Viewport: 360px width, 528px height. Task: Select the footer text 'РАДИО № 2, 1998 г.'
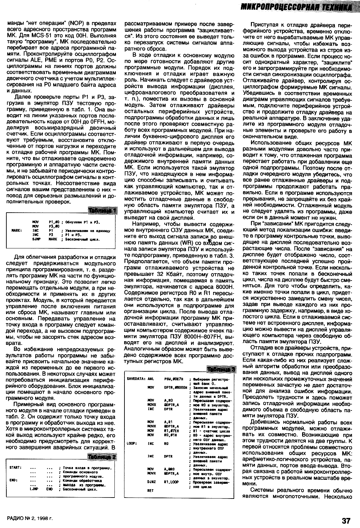click(30, 519)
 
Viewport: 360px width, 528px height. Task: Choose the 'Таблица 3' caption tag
click(222, 368)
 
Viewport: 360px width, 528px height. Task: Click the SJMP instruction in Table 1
click(36, 239)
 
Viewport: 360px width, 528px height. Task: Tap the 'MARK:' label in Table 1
click(17, 231)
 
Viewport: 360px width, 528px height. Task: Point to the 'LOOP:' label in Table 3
click(131, 443)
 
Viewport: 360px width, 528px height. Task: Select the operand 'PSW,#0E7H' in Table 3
click(172, 379)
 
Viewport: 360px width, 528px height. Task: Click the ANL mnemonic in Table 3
click(151, 379)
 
